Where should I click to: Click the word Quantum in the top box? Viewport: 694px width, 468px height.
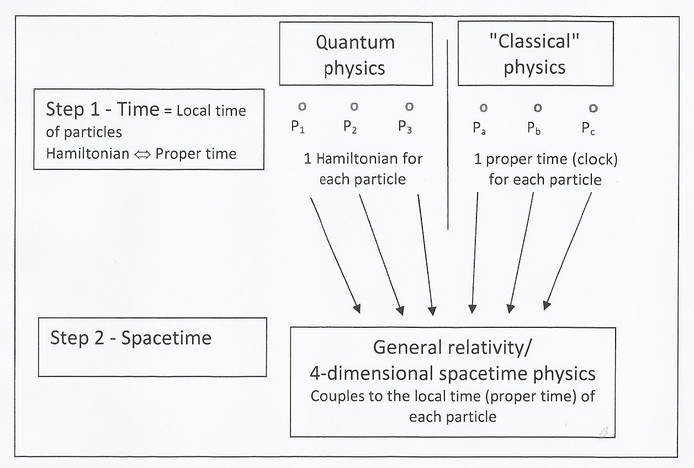click(x=355, y=42)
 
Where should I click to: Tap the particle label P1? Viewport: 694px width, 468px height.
click(x=298, y=127)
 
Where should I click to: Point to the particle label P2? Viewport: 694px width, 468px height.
click(x=350, y=127)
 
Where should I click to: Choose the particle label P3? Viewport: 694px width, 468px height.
click(x=405, y=127)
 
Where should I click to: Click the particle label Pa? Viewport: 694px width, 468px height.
click(x=479, y=128)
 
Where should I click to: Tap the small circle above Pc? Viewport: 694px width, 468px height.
click(x=592, y=108)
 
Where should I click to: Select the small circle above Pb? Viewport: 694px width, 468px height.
click(x=537, y=108)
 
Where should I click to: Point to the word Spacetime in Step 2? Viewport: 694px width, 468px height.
click(x=166, y=338)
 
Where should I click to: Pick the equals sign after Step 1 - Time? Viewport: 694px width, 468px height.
click(x=168, y=110)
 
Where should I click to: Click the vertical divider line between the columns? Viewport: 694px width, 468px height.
click(x=447, y=132)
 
